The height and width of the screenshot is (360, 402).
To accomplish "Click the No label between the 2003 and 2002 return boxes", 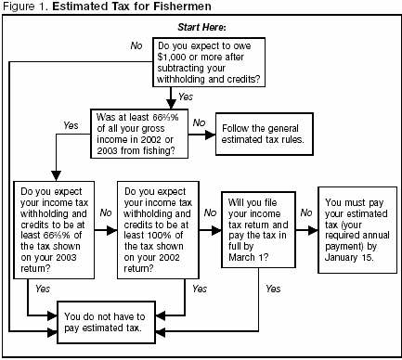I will click(105, 212).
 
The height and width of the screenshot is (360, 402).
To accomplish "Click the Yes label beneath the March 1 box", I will click(273, 289).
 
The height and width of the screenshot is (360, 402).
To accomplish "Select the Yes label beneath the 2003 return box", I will click(43, 289).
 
